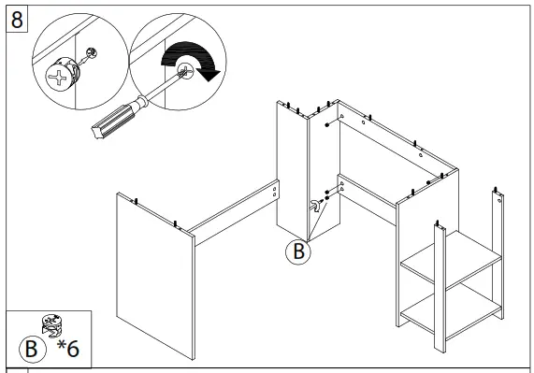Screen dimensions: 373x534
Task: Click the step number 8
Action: (x=16, y=18)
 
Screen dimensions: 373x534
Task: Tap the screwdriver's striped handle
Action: (x=110, y=118)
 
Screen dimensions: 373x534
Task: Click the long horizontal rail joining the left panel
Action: (x=234, y=204)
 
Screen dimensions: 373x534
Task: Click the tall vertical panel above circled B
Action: (x=293, y=168)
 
